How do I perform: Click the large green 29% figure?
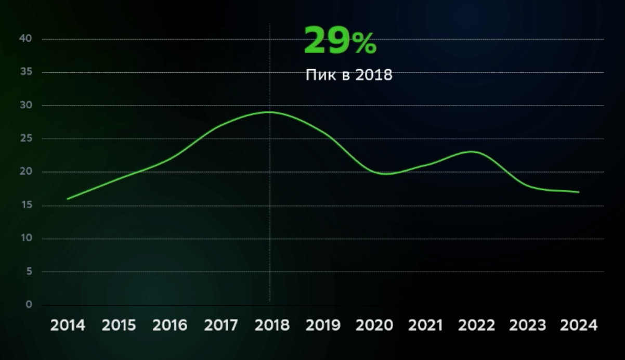click(340, 41)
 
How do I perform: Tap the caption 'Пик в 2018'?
click(348, 75)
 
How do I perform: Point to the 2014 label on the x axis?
click(68, 326)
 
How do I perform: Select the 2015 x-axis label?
click(119, 326)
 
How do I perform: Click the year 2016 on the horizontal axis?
click(170, 326)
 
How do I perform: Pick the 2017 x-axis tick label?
click(221, 326)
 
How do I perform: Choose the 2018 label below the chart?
click(272, 326)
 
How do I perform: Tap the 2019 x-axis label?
click(323, 326)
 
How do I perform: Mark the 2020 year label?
click(374, 326)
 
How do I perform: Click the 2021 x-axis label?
click(425, 326)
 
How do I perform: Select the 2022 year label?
click(476, 326)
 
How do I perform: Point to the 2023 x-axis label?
click(528, 326)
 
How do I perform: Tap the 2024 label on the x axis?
click(579, 326)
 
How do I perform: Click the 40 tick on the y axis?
click(28, 39)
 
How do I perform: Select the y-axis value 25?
click(28, 139)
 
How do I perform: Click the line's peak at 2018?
click(270, 112)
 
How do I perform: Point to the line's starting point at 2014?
click(68, 199)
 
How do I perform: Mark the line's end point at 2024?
click(579, 192)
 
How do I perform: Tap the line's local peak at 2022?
click(471, 151)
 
